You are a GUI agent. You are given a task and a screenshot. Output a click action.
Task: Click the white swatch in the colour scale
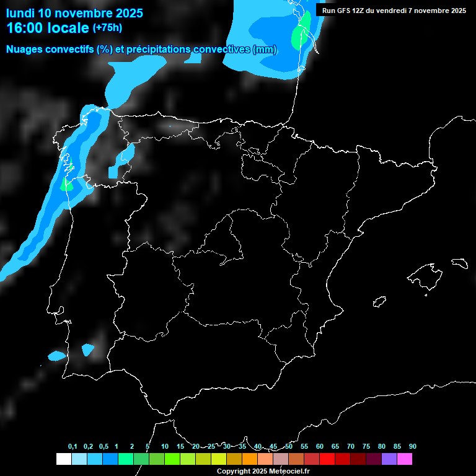63,459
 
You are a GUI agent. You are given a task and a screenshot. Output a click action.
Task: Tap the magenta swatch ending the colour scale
405,459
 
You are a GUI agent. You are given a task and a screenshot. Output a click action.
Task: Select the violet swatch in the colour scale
389,459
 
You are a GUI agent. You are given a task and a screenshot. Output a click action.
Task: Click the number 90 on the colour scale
413,446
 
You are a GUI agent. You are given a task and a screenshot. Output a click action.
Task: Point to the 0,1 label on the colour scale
73,446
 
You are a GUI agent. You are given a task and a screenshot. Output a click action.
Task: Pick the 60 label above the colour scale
320,446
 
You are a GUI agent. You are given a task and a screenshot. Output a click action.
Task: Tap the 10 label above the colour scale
164,446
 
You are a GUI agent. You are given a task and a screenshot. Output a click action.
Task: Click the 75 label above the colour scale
366,446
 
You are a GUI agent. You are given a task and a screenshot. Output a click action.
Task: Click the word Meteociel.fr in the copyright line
289,472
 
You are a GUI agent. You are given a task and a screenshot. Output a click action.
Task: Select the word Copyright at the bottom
234,472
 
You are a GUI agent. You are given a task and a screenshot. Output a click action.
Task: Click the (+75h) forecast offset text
108,27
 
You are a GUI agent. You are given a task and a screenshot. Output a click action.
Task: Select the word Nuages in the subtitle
25,50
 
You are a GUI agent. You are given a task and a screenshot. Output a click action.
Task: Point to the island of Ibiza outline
379,301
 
